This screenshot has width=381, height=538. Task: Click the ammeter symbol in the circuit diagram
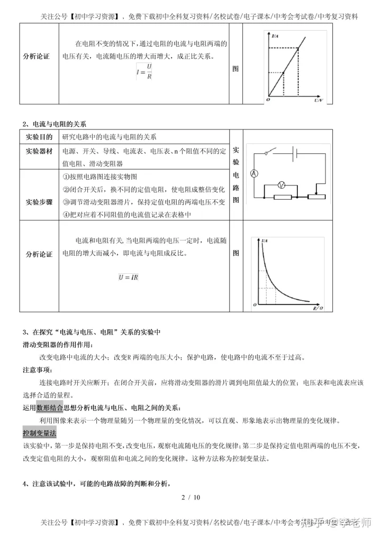[x=254, y=173]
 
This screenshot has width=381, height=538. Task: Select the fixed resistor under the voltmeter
[x=283, y=197]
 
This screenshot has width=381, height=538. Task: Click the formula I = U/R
[x=143, y=71]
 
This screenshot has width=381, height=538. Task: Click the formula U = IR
[x=128, y=276]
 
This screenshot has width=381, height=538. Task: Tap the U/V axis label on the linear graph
[x=317, y=99]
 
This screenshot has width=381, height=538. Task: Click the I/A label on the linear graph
[x=275, y=36]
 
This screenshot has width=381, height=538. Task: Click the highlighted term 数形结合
[x=50, y=407]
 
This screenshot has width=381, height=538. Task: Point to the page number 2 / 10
[x=190, y=497]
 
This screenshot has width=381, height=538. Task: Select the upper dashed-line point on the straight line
[x=298, y=49]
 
